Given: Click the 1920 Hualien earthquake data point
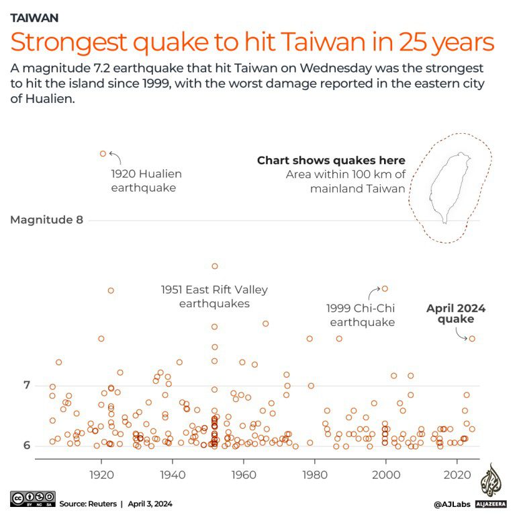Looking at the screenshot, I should coord(103,153).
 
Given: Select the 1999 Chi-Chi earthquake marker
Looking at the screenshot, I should coord(385,288).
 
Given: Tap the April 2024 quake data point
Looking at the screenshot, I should coord(472,338).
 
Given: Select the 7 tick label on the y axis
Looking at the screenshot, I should coord(28,385).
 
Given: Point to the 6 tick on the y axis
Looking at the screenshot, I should coord(28,445).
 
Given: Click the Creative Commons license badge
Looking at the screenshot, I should coord(32,498).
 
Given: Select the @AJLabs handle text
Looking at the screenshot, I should coord(450,503).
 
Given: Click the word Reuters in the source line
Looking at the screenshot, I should coord(102,503).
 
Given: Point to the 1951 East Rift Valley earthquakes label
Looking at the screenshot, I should coord(214,296).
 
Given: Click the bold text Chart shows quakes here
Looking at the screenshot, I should coord(331,160).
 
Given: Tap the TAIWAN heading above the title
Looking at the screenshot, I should coord(34,17).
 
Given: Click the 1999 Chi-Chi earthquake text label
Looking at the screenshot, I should coord(361,315).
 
